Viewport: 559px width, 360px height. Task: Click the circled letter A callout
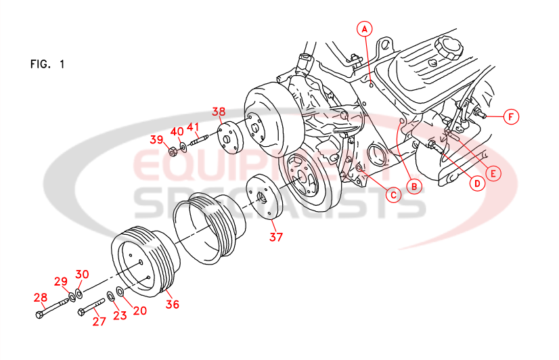point(365,28)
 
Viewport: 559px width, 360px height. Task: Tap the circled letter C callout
point(392,194)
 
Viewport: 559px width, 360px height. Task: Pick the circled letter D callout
point(476,183)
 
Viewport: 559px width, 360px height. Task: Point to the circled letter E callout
point(493,173)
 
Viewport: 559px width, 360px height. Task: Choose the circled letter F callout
point(512,117)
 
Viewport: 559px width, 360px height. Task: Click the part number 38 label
point(218,111)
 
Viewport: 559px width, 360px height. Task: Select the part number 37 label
point(275,237)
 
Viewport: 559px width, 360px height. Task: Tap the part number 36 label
point(173,304)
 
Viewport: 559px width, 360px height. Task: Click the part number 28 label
point(41,297)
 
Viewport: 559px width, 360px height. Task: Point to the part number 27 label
point(99,321)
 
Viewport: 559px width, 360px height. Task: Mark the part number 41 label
point(194,127)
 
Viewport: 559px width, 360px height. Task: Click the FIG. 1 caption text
point(47,65)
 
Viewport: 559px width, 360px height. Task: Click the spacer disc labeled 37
point(263,197)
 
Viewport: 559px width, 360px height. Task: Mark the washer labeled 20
point(119,291)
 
